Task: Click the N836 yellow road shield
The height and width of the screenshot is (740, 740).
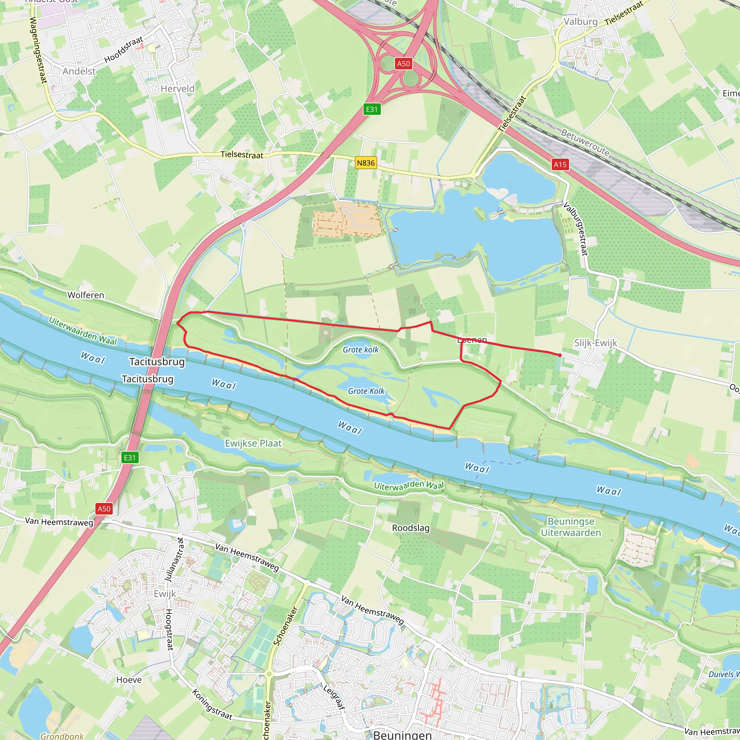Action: (366, 163)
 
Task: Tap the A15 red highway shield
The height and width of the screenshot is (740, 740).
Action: (560, 164)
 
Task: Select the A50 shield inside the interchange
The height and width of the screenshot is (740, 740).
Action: (403, 64)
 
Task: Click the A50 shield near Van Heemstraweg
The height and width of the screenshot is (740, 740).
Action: (104, 509)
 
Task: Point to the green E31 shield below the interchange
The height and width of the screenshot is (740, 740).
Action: (371, 109)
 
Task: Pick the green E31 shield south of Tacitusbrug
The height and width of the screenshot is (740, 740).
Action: (129, 457)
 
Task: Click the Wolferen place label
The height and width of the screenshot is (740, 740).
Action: (85, 295)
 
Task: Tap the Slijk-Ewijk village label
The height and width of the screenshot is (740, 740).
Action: (595, 343)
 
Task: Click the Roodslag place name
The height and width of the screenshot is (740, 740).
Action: (410, 528)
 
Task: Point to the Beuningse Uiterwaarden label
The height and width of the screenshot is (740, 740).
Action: (571, 527)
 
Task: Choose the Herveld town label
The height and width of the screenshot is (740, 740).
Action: (177, 89)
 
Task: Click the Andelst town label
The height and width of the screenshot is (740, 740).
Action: (79, 71)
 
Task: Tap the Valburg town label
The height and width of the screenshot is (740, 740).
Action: (580, 22)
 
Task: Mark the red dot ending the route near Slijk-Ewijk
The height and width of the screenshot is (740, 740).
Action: (560, 355)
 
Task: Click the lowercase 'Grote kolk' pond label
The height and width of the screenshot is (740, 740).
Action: (360, 349)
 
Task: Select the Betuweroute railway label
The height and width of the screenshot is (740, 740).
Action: (585, 142)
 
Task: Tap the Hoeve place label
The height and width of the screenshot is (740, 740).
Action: (129, 680)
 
